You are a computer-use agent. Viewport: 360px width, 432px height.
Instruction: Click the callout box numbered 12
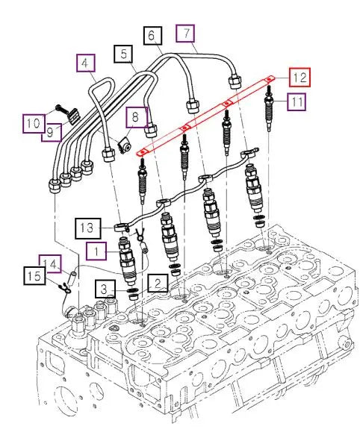point(299,77)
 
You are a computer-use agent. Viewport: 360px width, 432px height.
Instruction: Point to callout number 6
point(152,34)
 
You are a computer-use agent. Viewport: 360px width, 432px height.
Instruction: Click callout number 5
point(123,54)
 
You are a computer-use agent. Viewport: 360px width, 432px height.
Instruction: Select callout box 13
point(87,224)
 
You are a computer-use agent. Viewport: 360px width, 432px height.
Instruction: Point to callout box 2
point(156,281)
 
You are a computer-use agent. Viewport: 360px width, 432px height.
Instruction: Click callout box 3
point(105,287)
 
